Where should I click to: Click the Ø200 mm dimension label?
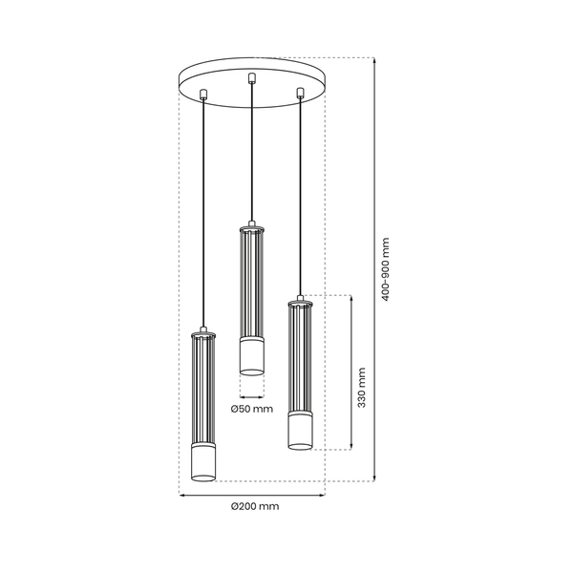pos(254,507)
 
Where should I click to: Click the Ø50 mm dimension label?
pos(252,409)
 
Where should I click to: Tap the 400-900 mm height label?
pos(386,269)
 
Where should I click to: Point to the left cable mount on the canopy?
pos(203,94)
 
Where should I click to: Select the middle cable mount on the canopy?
pos(251,77)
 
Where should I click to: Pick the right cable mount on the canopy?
pos(301,93)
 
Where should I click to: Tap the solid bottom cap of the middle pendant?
pos(251,355)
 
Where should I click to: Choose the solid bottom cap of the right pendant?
pos(301,429)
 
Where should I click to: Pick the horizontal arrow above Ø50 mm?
pos(251,394)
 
